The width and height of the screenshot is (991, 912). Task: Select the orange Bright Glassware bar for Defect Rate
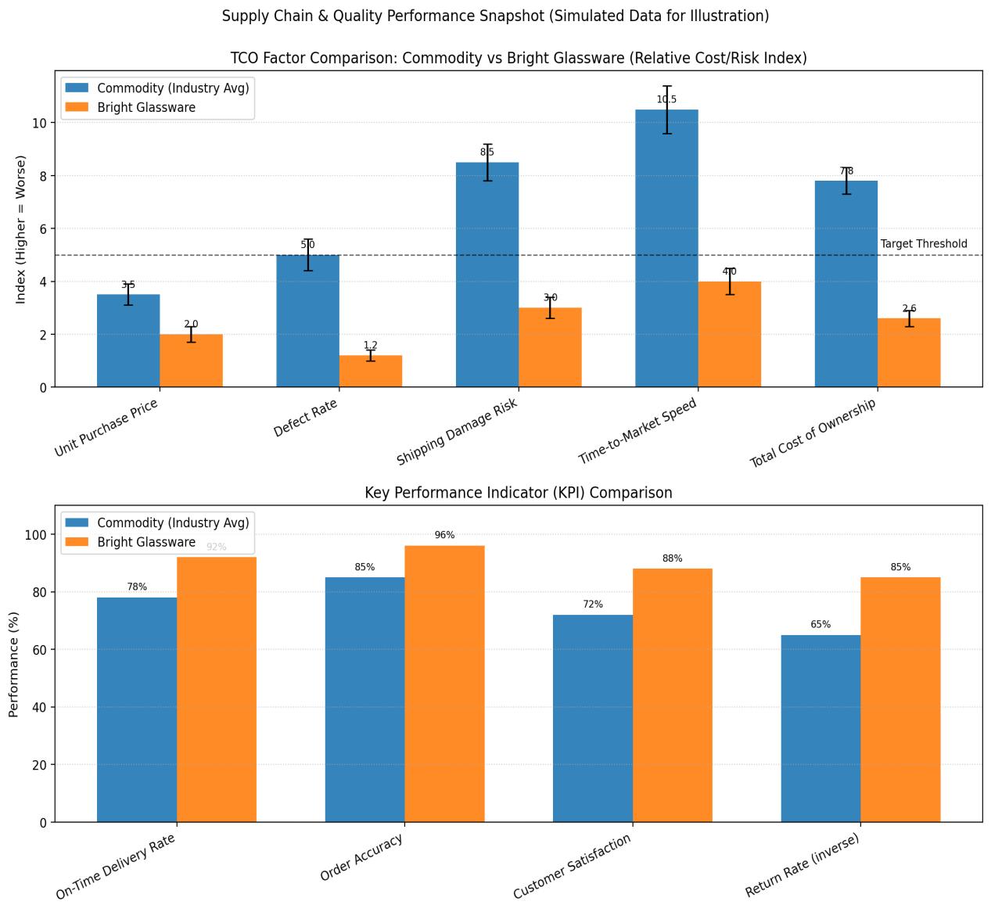tap(371, 371)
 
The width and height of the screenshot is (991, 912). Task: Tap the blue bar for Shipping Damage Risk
tap(487, 275)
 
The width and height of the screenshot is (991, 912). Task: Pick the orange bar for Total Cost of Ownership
tap(909, 353)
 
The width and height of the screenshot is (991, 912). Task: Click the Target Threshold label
tap(924, 244)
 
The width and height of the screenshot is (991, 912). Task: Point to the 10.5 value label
tap(666, 99)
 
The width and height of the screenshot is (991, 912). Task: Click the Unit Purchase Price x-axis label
tap(106, 427)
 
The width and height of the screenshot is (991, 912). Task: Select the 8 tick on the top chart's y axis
tap(45, 176)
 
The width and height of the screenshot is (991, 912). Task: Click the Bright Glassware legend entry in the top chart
tap(146, 108)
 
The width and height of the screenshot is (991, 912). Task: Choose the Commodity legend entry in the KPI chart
tap(173, 522)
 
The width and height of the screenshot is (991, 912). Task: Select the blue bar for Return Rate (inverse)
tap(820, 728)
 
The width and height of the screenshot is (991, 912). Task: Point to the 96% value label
tap(444, 535)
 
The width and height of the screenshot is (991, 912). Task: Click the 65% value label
tap(820, 624)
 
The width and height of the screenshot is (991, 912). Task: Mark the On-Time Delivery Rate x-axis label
tap(116, 866)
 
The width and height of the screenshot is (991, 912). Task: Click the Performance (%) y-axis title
tap(14, 664)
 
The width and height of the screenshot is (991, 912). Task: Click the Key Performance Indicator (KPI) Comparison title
tap(518, 493)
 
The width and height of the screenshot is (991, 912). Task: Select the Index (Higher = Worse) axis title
tap(21, 229)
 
